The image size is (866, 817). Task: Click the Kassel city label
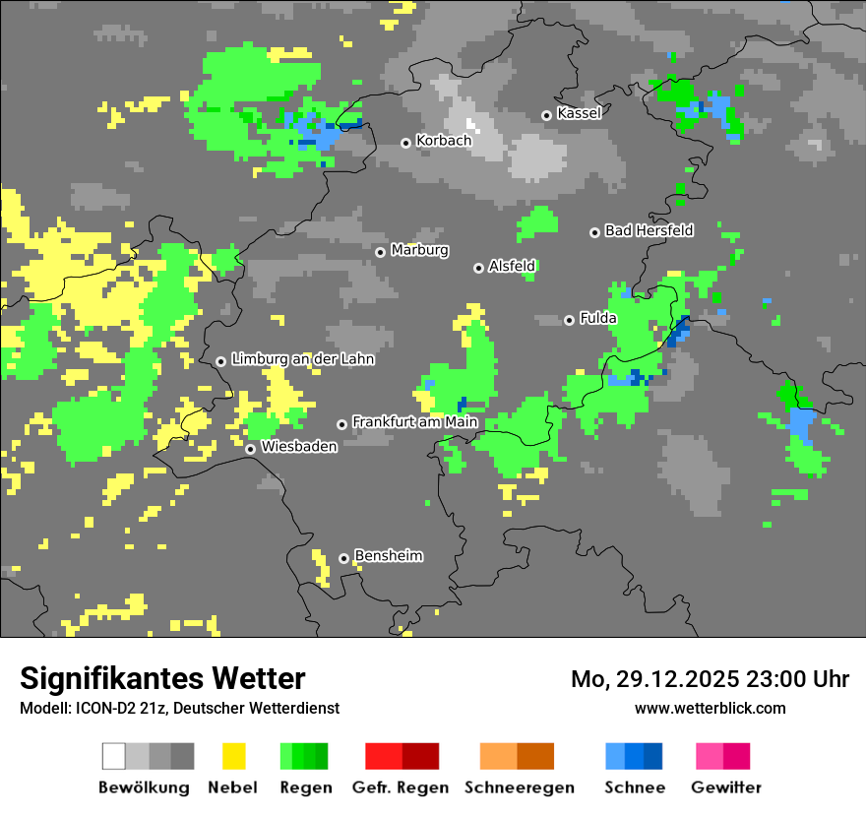coord(579,113)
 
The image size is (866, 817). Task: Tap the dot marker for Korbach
coord(405,143)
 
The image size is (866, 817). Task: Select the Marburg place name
coord(419,250)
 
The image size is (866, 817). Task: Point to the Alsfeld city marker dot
coord(478,268)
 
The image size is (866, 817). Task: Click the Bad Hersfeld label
coord(649,230)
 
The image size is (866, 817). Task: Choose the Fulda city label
coord(598,318)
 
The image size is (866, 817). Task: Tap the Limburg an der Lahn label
coord(302,359)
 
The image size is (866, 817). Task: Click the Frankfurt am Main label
coord(414,422)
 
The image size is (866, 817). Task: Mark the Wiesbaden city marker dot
coord(251,449)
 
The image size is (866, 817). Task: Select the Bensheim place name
coord(388,556)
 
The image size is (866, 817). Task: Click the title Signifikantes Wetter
coord(162,678)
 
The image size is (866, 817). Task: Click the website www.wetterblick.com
coord(710,708)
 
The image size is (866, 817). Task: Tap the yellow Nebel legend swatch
coord(233,756)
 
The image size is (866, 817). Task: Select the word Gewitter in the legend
coord(725,787)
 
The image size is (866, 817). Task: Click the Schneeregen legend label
coord(520,787)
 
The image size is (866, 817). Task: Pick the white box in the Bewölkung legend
coord(114,756)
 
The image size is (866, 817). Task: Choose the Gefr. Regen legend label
coord(401,787)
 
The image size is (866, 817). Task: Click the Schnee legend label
coord(635,787)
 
